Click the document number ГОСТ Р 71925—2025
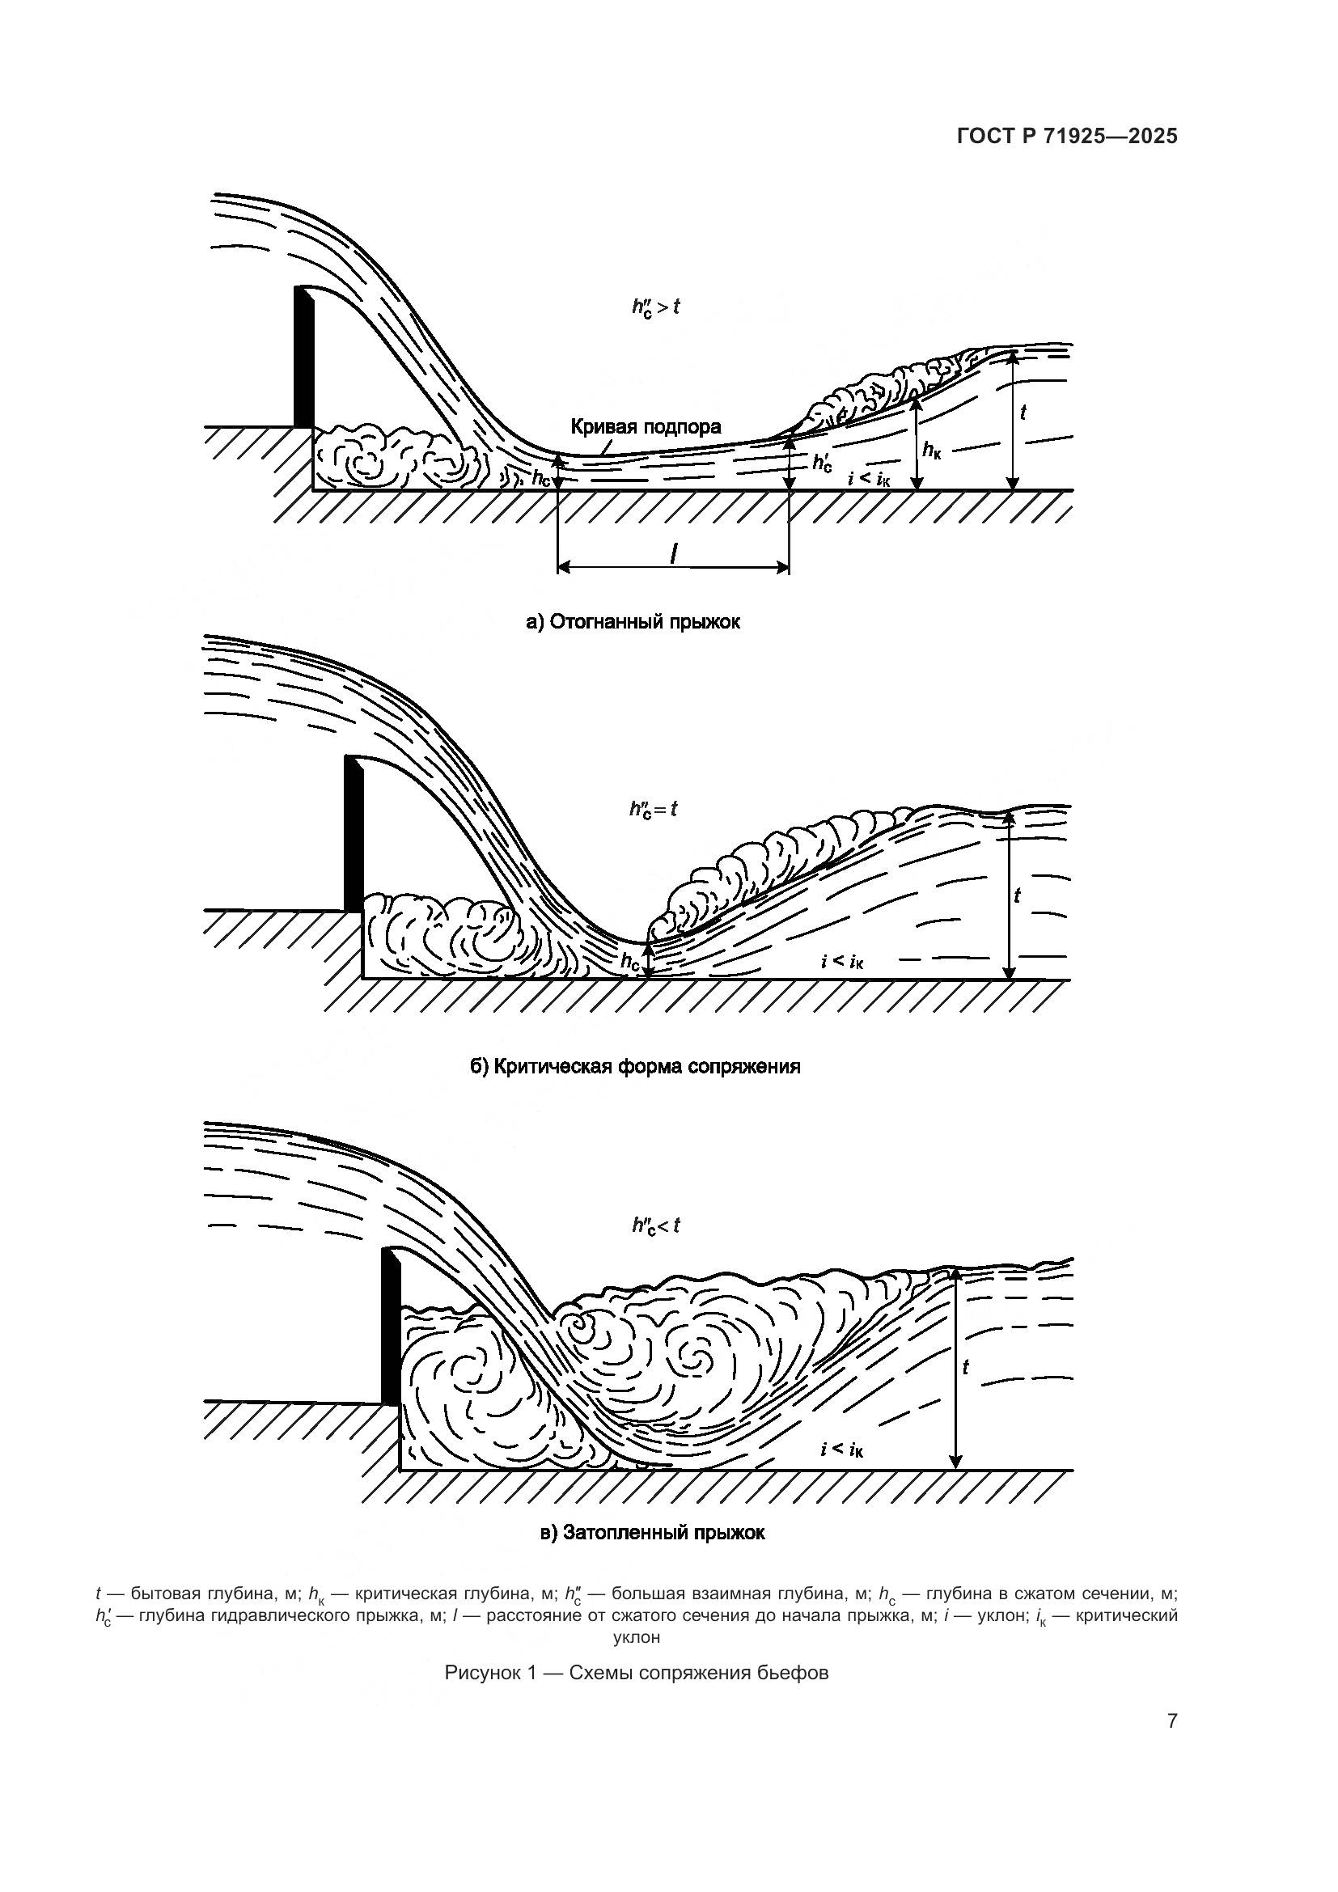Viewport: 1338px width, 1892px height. (x=1067, y=137)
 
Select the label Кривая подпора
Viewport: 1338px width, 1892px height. (x=645, y=427)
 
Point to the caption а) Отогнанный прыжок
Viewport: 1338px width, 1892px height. (x=633, y=622)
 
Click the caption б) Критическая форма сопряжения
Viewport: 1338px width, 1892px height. (x=634, y=1066)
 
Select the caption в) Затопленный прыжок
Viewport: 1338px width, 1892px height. (x=653, y=1533)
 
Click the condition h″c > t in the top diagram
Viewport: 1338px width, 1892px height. (x=656, y=307)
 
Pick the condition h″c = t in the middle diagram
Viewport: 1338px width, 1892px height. (x=654, y=809)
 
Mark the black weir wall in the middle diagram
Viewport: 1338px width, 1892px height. (x=354, y=833)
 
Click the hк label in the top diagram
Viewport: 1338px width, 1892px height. (x=932, y=450)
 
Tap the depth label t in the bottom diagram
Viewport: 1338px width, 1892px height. (x=966, y=1366)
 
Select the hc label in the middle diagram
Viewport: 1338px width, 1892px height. (x=630, y=960)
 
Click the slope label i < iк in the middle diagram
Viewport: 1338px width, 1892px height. (x=842, y=961)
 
